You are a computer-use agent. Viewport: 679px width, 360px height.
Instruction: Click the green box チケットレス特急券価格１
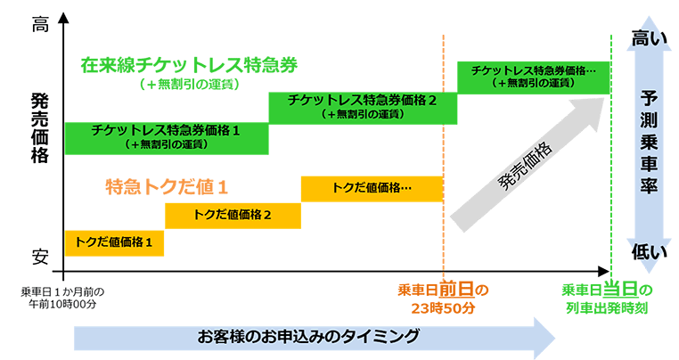(166, 136)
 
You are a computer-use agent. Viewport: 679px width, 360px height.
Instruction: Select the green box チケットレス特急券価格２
(362, 106)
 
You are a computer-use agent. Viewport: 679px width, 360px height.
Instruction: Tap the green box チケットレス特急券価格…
(533, 76)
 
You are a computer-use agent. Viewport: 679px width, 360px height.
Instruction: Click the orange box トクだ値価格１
(114, 242)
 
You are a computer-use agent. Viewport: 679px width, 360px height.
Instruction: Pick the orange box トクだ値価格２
(233, 215)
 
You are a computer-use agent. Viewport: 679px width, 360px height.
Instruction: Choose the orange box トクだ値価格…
(372, 188)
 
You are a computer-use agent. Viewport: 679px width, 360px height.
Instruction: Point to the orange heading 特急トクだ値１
(166, 187)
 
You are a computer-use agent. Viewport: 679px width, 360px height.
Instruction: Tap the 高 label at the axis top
(40, 26)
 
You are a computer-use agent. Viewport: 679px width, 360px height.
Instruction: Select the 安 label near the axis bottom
(40, 257)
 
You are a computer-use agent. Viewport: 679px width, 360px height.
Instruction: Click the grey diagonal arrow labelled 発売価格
(526, 160)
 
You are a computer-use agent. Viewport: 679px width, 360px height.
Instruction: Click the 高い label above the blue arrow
(649, 37)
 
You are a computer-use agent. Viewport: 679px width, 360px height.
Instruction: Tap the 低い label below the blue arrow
(649, 252)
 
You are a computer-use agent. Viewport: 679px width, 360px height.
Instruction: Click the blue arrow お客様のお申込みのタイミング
(312, 338)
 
